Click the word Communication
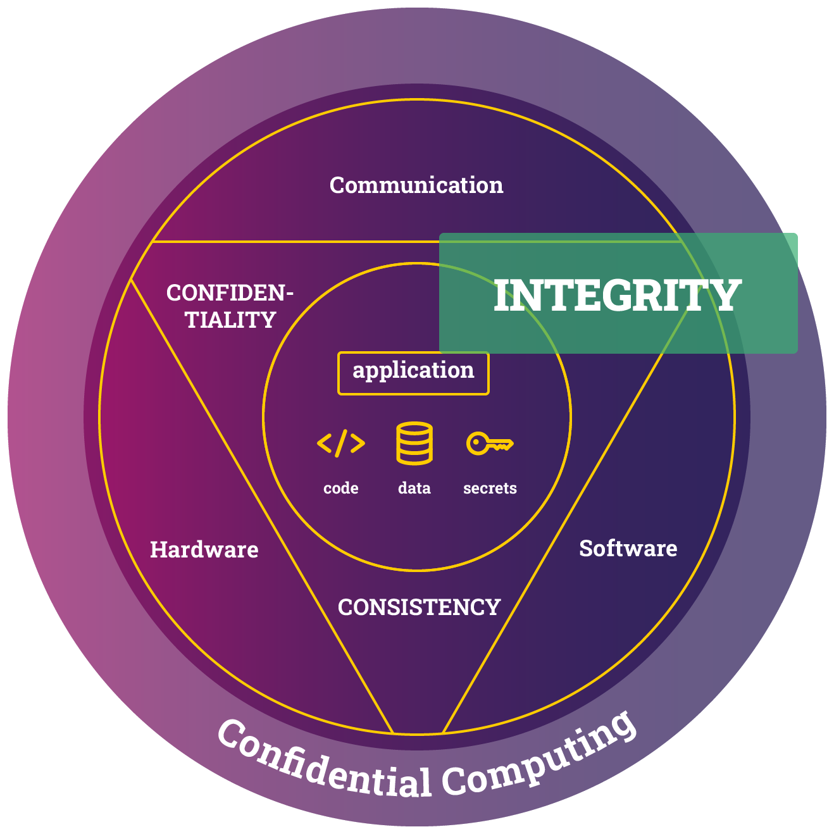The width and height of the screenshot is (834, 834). pos(416,185)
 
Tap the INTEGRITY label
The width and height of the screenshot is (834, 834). pos(618,295)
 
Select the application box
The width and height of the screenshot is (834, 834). pos(413,373)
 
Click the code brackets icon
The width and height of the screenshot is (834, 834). pos(341,444)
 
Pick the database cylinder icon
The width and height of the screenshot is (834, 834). pos(414,444)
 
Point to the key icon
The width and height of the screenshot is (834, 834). pos(490,444)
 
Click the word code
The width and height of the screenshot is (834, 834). pos(341,489)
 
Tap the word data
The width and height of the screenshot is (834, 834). pos(414,489)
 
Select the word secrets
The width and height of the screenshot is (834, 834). pos(490,489)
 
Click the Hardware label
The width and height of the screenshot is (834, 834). pos(204,550)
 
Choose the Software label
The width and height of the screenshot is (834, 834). pos(628,549)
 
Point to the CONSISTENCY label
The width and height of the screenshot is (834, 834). pos(419,607)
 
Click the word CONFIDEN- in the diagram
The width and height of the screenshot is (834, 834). pos(230,293)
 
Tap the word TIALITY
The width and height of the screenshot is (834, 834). pos(231,320)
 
